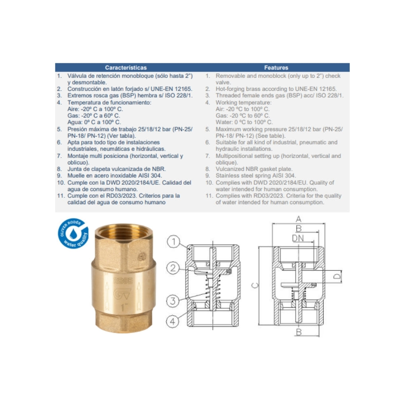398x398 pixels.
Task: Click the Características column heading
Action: coord(126,68)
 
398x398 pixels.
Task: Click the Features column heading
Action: coord(276,68)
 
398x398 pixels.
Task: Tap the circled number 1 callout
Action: coord(174,242)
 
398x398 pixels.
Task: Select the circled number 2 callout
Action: coord(173,268)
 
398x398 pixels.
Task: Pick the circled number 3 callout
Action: coord(173,301)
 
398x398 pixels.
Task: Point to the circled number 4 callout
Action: coord(173,321)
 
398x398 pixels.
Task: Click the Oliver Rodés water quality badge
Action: coord(73,233)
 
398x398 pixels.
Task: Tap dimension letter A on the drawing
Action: coord(298,219)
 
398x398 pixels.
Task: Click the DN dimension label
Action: coord(298,238)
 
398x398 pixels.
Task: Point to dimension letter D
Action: coord(337,276)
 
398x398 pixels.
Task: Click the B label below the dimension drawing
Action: coord(299,332)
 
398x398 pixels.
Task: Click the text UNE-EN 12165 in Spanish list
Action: coord(171,89)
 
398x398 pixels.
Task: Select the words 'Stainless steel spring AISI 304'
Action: coord(256,176)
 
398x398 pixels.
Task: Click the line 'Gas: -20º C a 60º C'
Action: coord(94,116)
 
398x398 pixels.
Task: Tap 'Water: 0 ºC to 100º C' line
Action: coord(244,122)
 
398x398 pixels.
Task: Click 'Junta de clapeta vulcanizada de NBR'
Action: coord(117,169)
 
